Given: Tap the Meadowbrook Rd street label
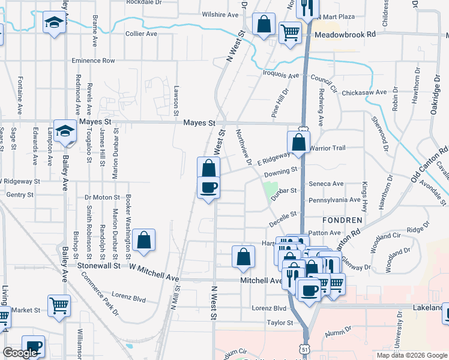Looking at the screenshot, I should [345, 35].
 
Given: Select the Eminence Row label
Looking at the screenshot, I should [93, 61].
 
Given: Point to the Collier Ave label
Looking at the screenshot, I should [141, 34].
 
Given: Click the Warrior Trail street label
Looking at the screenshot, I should [328, 148].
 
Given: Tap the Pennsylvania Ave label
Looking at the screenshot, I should [335, 200].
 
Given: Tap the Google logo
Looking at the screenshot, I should [19, 353].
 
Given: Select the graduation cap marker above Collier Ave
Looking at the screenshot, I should [54, 23].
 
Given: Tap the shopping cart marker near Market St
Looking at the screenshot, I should [59, 305].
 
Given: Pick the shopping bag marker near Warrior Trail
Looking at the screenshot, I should [298, 142].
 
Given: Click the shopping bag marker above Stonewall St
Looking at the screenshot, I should [144, 240].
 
